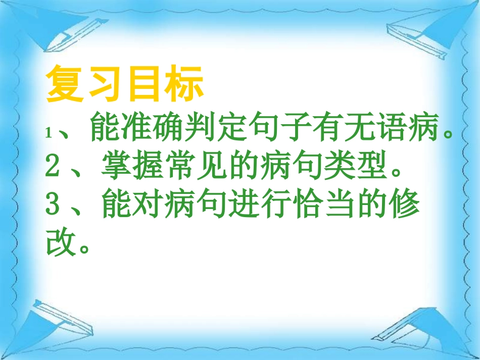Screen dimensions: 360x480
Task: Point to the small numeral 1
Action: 49,133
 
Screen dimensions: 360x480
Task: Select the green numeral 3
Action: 53,206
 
